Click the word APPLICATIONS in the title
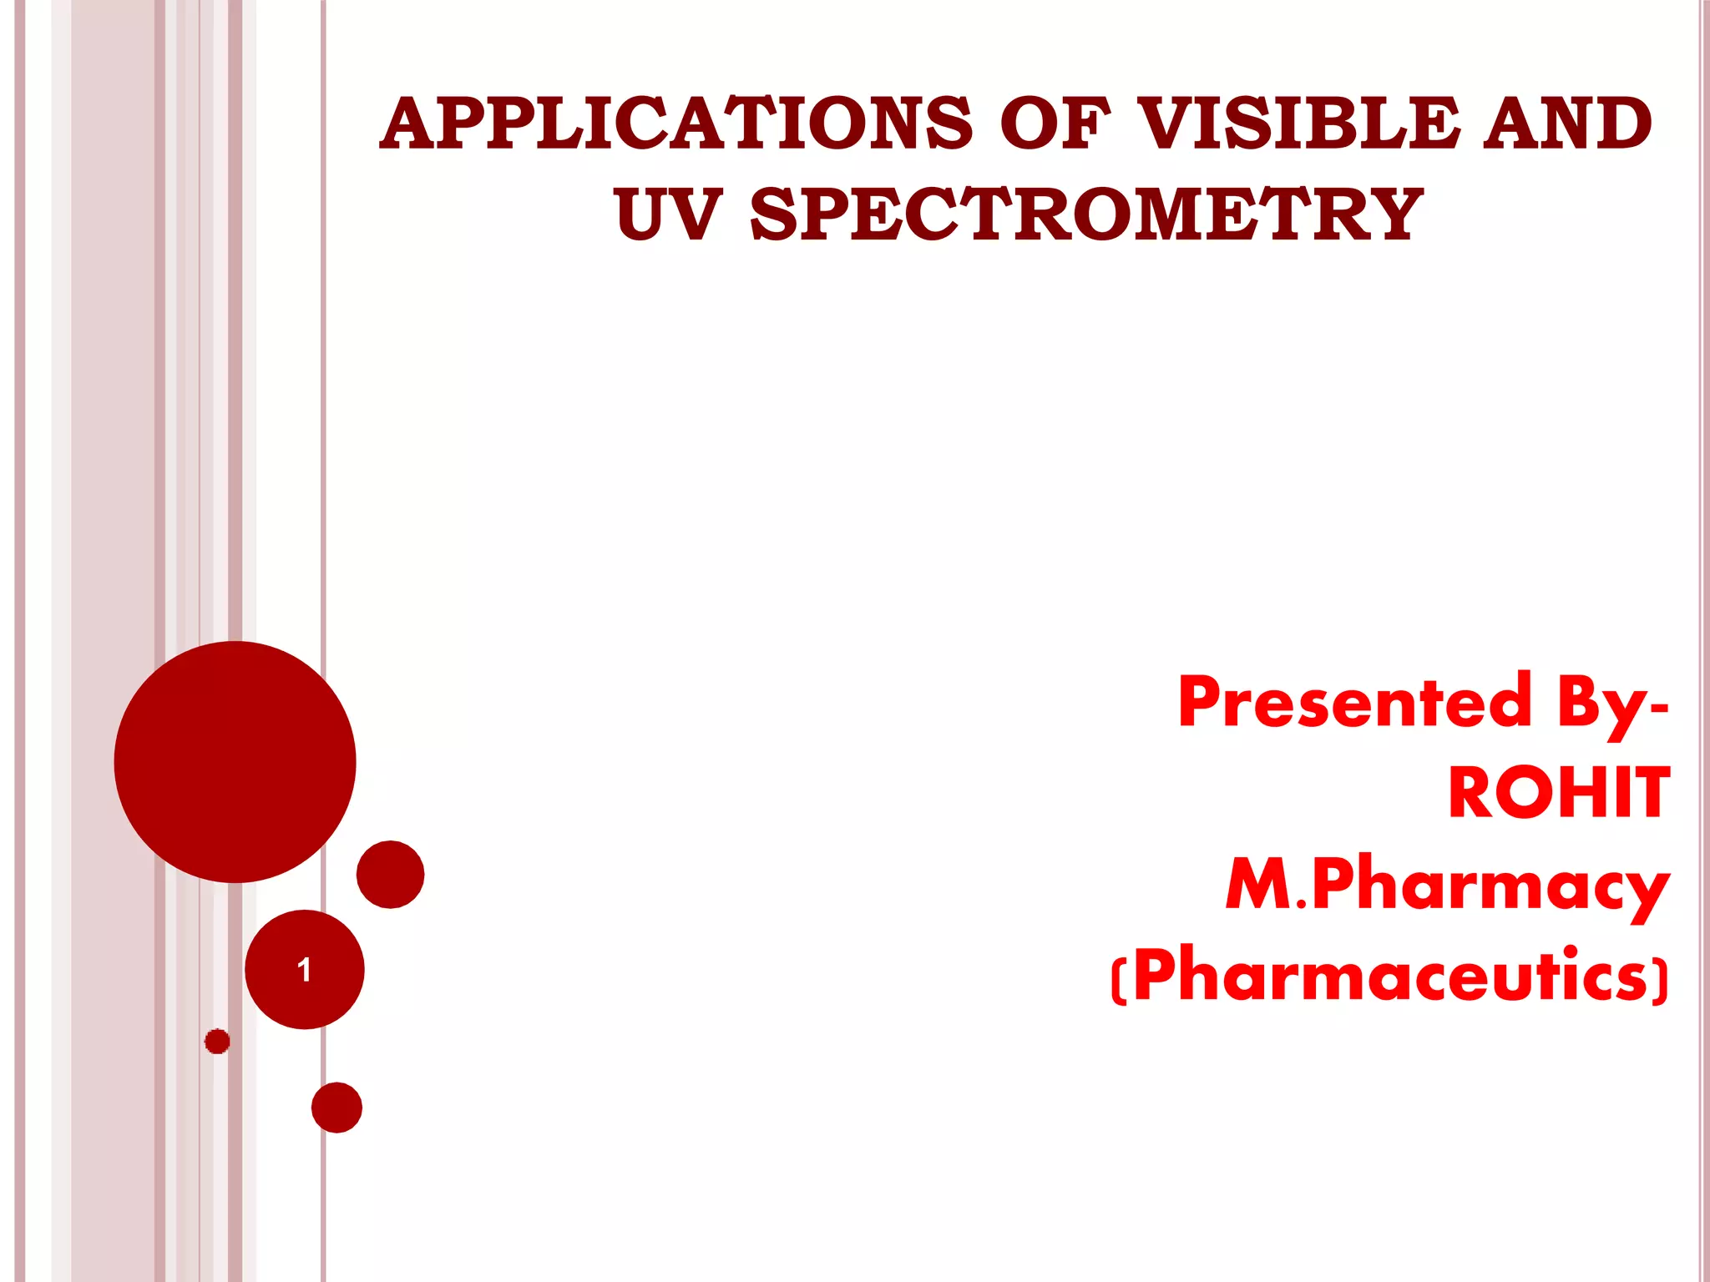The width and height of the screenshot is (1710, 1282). click(x=676, y=124)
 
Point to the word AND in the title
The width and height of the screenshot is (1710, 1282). click(x=1567, y=124)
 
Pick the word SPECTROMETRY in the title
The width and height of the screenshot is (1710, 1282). click(x=1085, y=215)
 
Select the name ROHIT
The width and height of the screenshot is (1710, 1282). click(x=1558, y=793)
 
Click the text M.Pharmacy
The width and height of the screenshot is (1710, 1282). click(x=1447, y=885)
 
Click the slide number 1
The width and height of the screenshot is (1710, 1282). click(x=304, y=970)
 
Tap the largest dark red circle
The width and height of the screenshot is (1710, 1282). click(x=235, y=761)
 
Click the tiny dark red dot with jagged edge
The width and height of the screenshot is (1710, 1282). click(x=217, y=1041)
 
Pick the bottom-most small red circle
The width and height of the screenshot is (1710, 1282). click(x=336, y=1108)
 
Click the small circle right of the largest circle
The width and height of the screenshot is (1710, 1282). click(x=390, y=874)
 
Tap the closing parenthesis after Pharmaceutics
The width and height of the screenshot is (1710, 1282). click(x=1662, y=980)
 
